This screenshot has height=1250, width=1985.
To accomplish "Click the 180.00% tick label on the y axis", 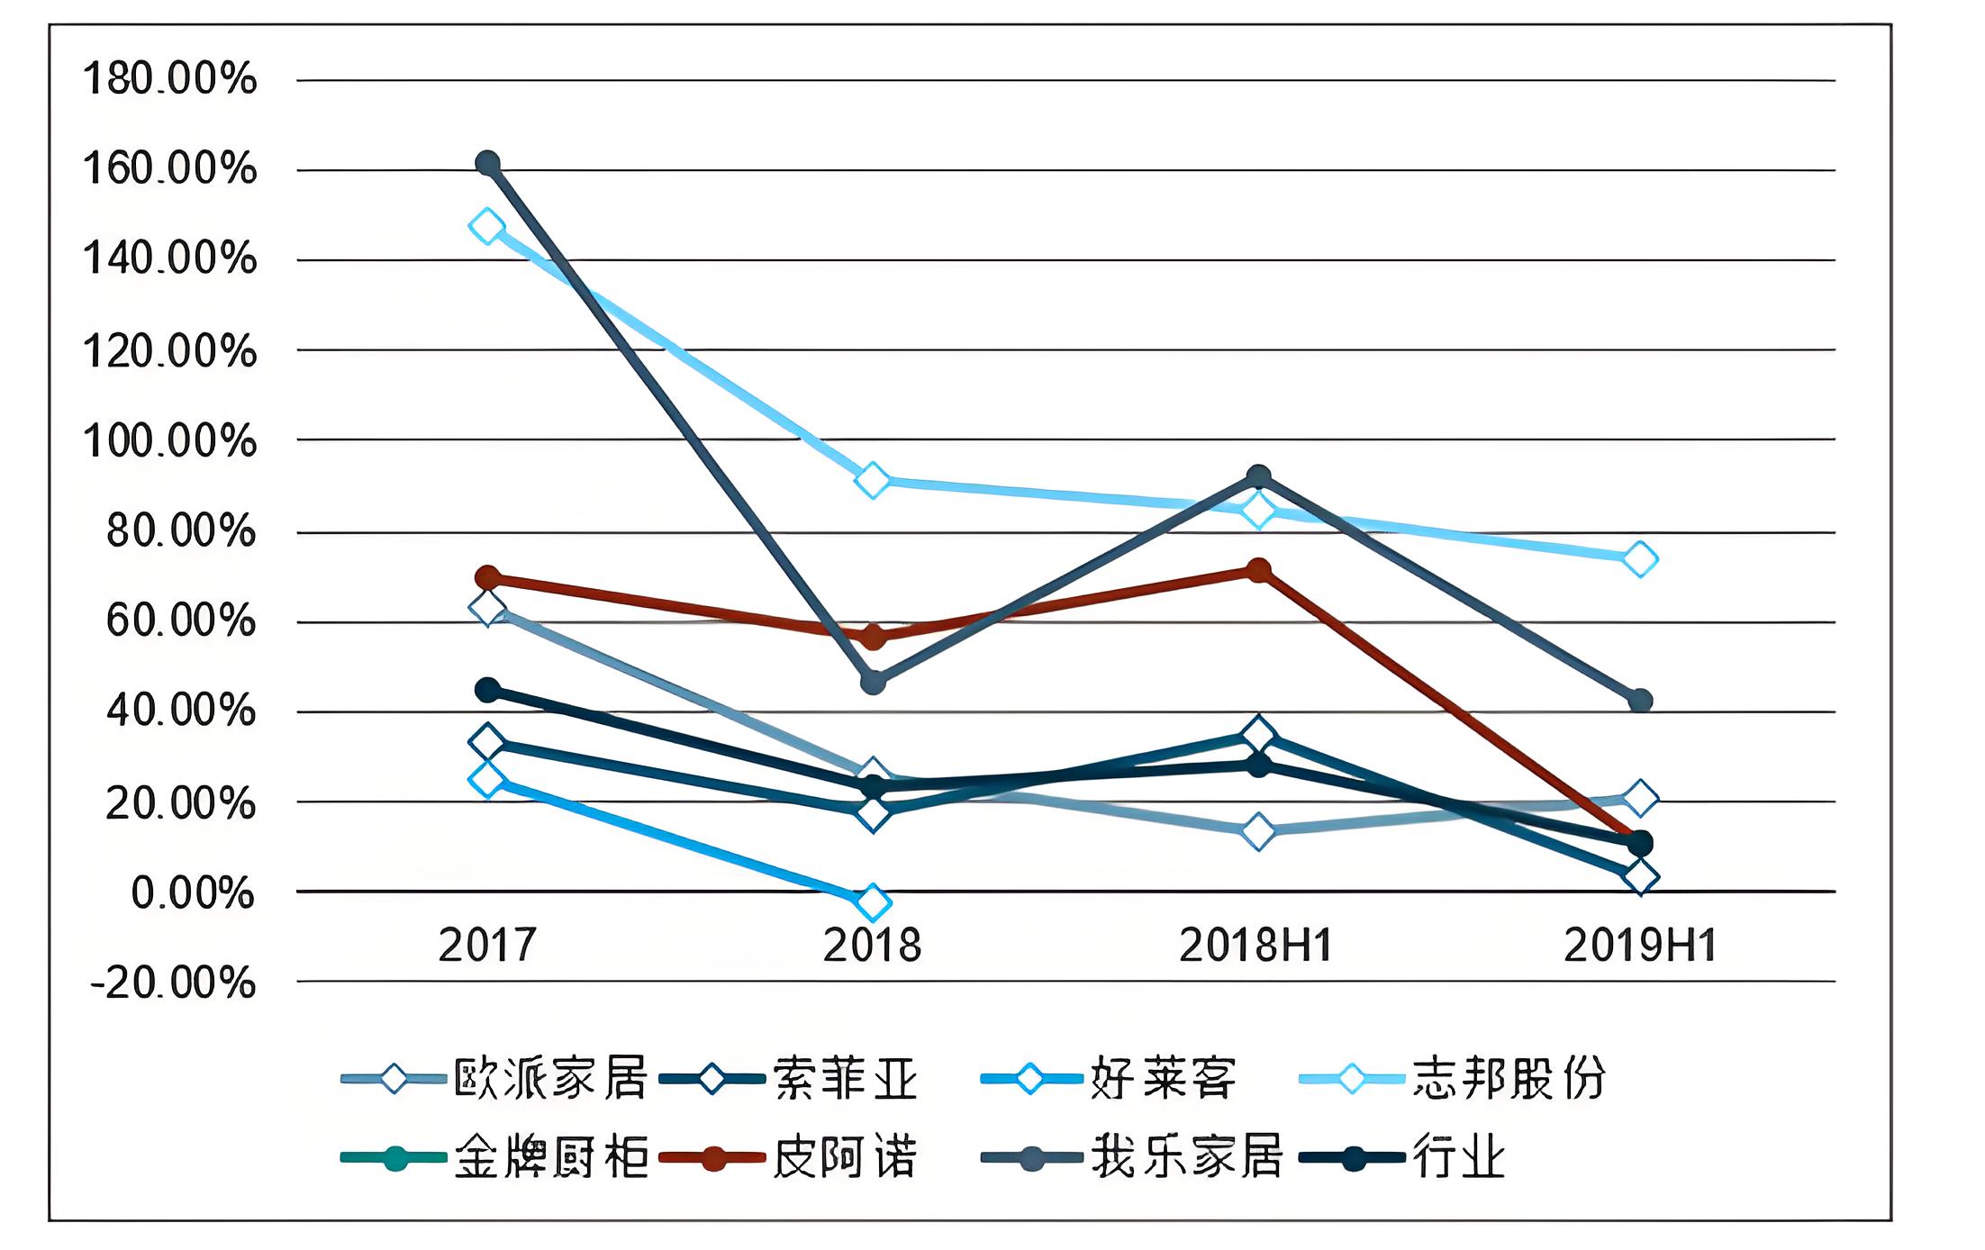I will [x=169, y=79].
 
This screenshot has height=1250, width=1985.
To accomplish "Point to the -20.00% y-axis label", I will [x=173, y=983].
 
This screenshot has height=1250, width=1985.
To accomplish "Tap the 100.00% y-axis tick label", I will [x=169, y=441].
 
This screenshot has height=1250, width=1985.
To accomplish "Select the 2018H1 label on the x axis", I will [x=1255, y=946].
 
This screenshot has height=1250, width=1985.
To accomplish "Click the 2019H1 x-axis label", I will [x=1640, y=946].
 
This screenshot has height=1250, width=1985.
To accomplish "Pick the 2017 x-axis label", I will [x=487, y=946].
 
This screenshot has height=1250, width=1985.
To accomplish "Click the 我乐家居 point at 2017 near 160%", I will [x=487, y=163].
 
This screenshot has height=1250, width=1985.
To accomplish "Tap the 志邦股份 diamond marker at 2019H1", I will [x=1640, y=559].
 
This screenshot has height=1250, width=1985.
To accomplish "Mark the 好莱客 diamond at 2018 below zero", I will [x=872, y=901].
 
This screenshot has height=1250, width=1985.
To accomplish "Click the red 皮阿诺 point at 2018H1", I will [x=1258, y=570].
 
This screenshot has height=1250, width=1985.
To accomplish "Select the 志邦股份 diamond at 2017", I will [x=487, y=227].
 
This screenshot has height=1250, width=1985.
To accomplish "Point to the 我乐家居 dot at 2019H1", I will [x=1640, y=701].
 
